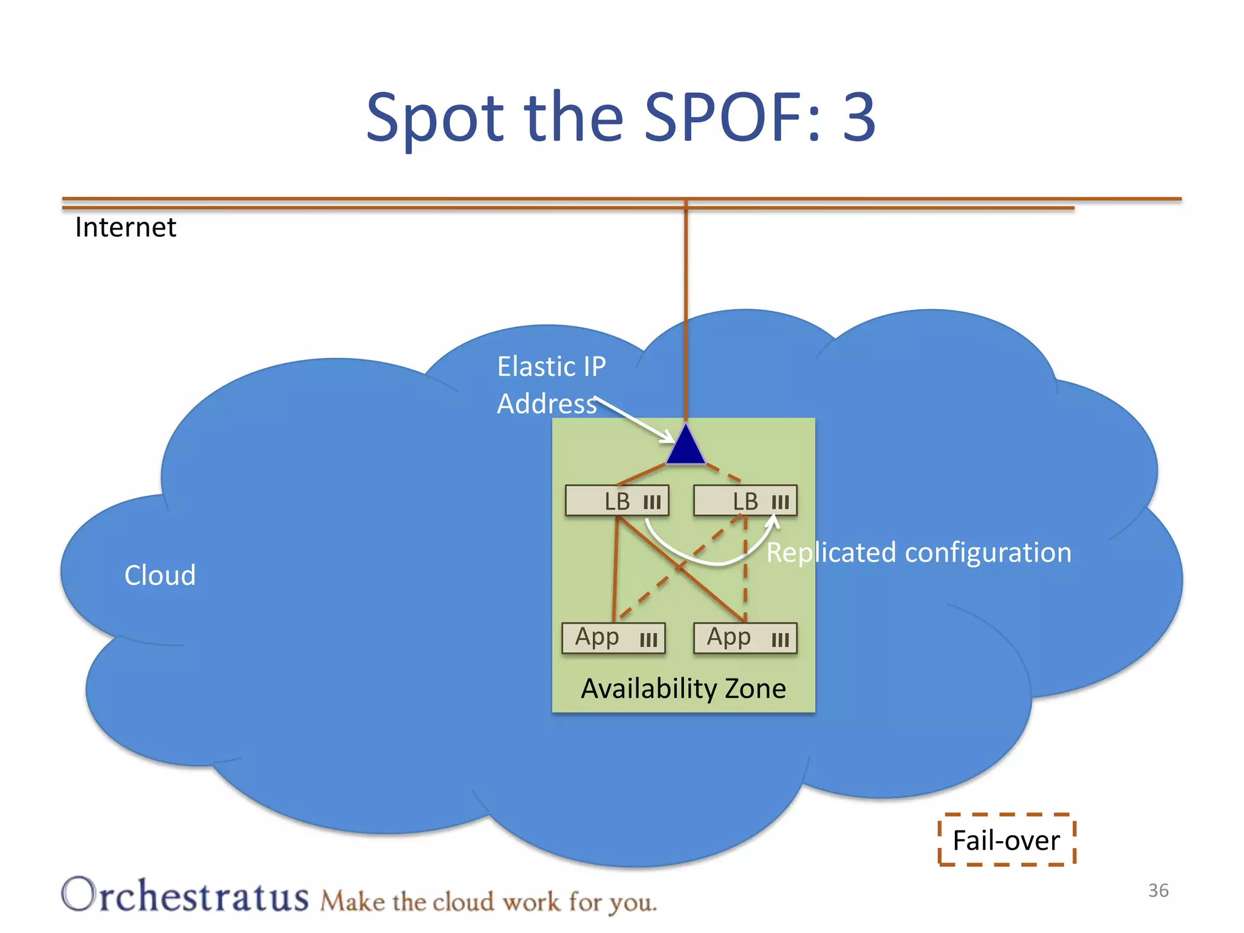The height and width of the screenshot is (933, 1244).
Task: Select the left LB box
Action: tap(617, 501)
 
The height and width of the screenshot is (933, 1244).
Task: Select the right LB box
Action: tap(745, 501)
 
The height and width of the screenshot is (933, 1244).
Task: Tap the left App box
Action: tap(613, 638)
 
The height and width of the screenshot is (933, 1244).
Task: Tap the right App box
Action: tap(745, 638)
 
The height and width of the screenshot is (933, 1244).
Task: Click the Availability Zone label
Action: tap(683, 689)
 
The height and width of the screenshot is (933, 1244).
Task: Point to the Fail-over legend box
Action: tap(1006, 840)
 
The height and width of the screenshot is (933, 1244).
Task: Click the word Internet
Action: tap(125, 228)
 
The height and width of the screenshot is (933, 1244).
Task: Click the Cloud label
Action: tap(160, 575)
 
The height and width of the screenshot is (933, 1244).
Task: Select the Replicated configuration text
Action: tap(918, 553)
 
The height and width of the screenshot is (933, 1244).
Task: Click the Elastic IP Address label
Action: tap(551, 384)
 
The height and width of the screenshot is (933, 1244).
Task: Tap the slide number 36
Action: tap(1158, 890)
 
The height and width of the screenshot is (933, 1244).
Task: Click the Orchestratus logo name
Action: tap(185, 896)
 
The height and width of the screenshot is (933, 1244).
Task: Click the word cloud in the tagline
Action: tap(463, 902)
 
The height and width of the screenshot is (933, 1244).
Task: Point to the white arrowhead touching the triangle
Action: tap(668, 437)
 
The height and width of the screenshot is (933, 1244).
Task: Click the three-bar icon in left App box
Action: tap(648, 640)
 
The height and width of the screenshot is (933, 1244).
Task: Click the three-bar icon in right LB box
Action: tap(780, 502)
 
